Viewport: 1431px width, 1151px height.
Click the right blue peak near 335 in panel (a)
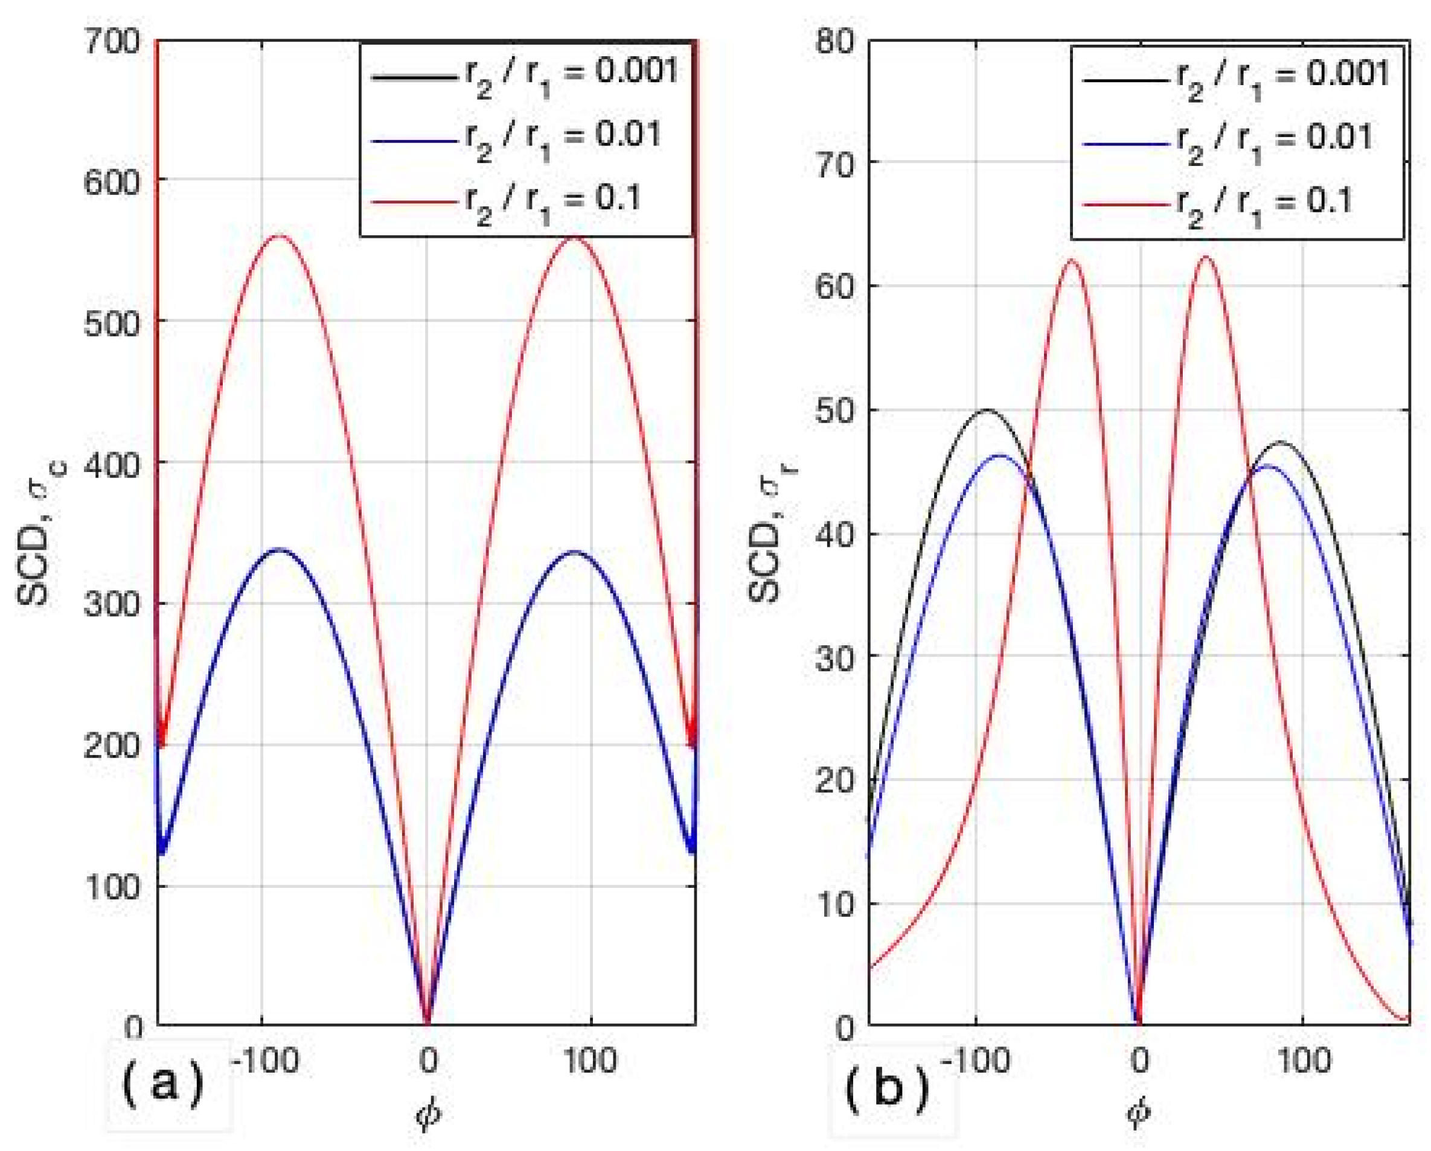point(574,552)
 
